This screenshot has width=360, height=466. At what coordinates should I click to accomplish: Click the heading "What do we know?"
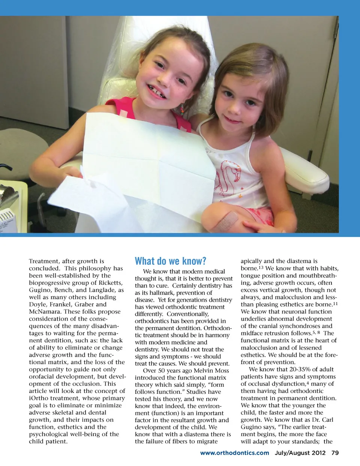coord(170,261)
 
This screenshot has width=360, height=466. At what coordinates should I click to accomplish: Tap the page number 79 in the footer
coord(335,453)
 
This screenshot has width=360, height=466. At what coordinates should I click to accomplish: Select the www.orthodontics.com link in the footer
coord(234,453)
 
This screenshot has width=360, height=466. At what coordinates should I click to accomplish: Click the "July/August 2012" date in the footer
coord(300,453)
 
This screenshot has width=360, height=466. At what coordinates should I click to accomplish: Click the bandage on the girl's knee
coord(225,221)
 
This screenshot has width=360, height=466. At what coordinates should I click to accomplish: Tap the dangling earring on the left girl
coord(182,110)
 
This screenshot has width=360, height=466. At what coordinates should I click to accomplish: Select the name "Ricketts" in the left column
coord(110,283)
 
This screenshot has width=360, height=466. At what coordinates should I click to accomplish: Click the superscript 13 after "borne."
coord(261,268)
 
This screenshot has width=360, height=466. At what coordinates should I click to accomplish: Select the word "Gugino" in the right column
coord(252,427)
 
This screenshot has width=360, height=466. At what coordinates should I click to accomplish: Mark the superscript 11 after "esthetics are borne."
coord(335,304)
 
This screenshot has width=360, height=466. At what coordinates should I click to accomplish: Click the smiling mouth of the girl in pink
coord(157,91)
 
